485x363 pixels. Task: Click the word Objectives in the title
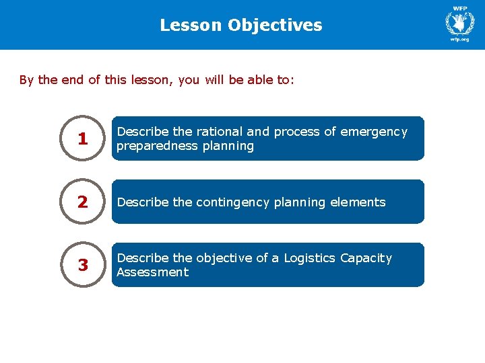click(275, 26)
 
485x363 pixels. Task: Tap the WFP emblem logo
click(460, 22)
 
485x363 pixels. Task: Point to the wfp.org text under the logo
click(460, 40)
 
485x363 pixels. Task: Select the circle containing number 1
click(83, 138)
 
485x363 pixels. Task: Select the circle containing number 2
click(83, 202)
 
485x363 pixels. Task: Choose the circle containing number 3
click(83, 265)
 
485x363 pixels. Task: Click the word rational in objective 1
click(220, 132)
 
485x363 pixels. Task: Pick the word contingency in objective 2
click(233, 202)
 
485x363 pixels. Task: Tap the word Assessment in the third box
click(152, 272)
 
